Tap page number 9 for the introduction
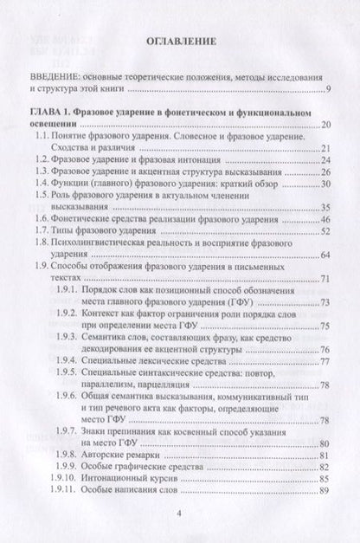click(328, 90)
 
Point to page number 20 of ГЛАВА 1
click(325, 126)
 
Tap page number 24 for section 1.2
click(325, 160)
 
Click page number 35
click(325, 206)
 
